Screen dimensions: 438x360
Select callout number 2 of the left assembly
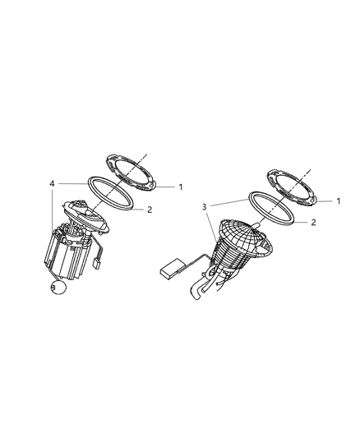(149, 210)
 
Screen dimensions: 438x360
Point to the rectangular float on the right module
(173, 267)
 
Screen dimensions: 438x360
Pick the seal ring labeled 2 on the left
(111, 197)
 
